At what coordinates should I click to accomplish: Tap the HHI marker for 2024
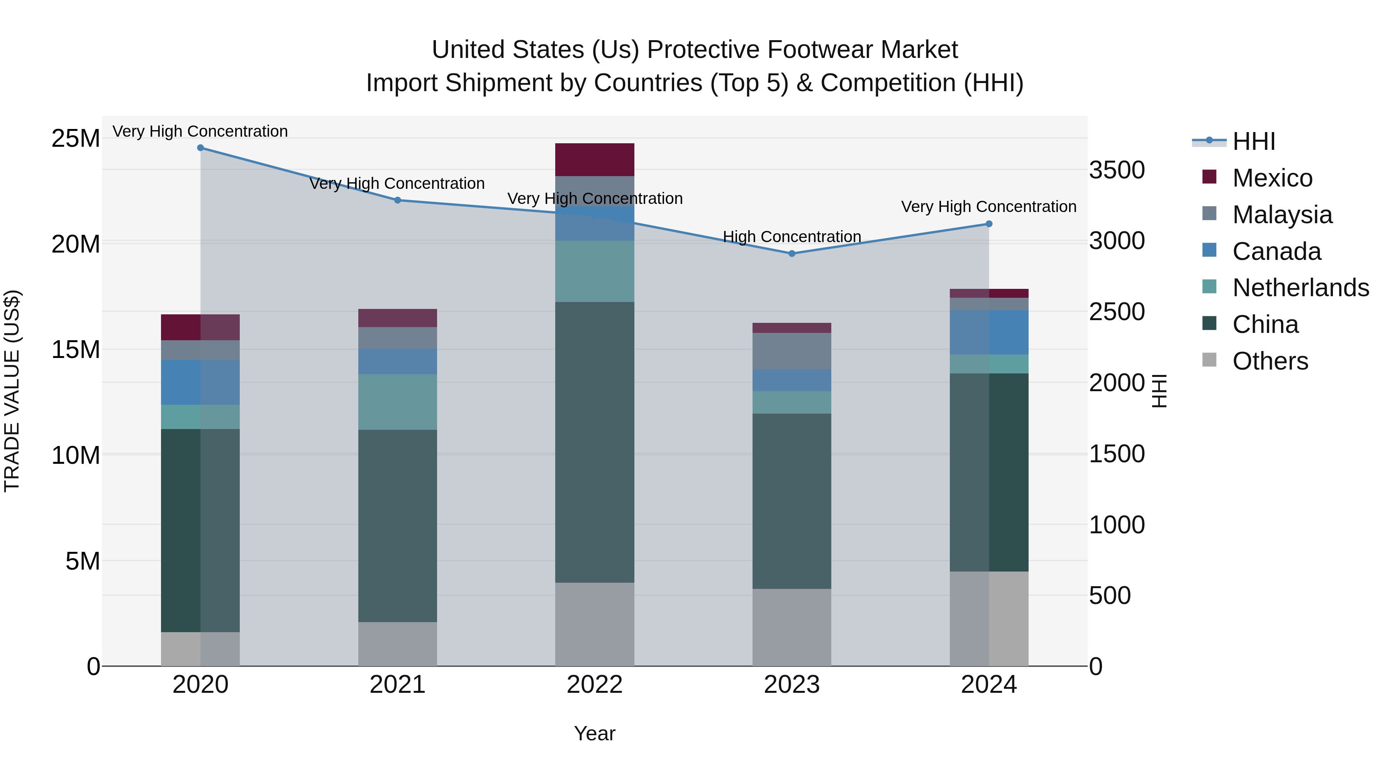pos(988,224)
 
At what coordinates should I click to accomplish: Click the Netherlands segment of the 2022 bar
pos(595,271)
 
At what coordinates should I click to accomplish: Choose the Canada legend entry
pos(1276,251)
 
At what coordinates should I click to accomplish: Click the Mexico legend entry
pos(1272,178)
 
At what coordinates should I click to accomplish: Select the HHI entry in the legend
pos(1253,141)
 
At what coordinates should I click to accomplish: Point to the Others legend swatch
pos(1209,360)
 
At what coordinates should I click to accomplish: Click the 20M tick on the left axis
pos(76,244)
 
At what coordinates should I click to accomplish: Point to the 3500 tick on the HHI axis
pos(1116,170)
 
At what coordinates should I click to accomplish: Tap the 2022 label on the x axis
pos(595,685)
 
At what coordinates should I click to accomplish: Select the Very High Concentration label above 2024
pos(988,206)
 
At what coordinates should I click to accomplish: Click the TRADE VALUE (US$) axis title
pos(12,391)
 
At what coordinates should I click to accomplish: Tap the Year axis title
pos(595,733)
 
